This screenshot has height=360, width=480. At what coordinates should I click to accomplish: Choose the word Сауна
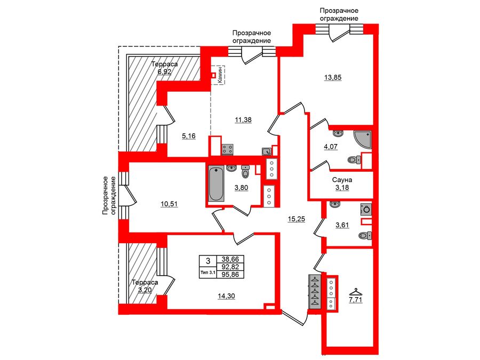[341, 180]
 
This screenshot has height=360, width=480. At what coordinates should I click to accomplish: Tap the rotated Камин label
[219, 75]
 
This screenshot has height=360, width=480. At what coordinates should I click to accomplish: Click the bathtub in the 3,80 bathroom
[216, 185]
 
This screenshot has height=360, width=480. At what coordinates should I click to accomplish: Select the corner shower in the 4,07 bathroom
[361, 139]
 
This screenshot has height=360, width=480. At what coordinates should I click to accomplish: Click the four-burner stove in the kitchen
[228, 149]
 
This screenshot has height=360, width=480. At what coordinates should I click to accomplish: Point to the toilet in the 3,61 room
[365, 235]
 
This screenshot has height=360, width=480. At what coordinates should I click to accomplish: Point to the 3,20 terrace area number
[145, 291]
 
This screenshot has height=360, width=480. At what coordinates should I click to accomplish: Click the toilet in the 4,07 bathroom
[353, 159]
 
